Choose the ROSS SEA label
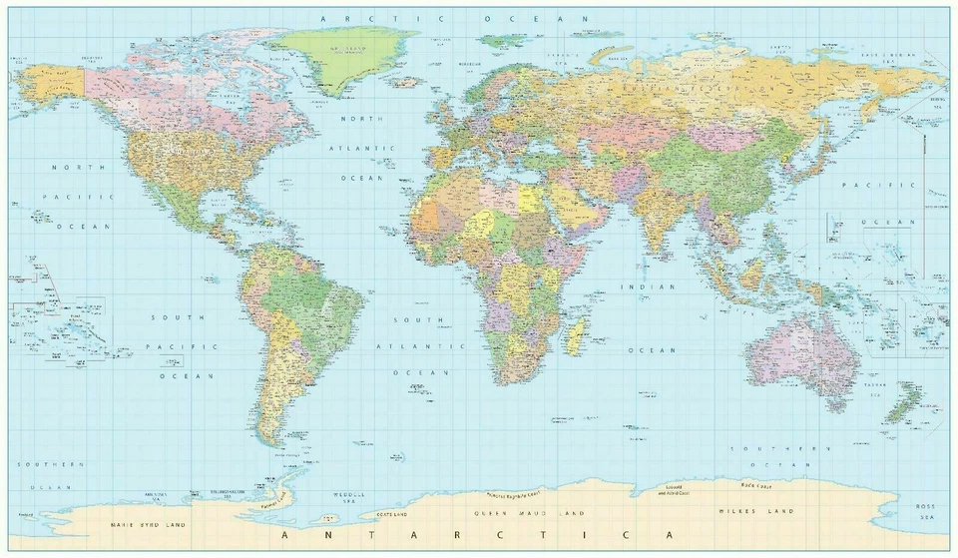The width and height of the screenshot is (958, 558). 928,512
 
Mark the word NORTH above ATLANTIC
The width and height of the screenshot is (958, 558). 361,119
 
